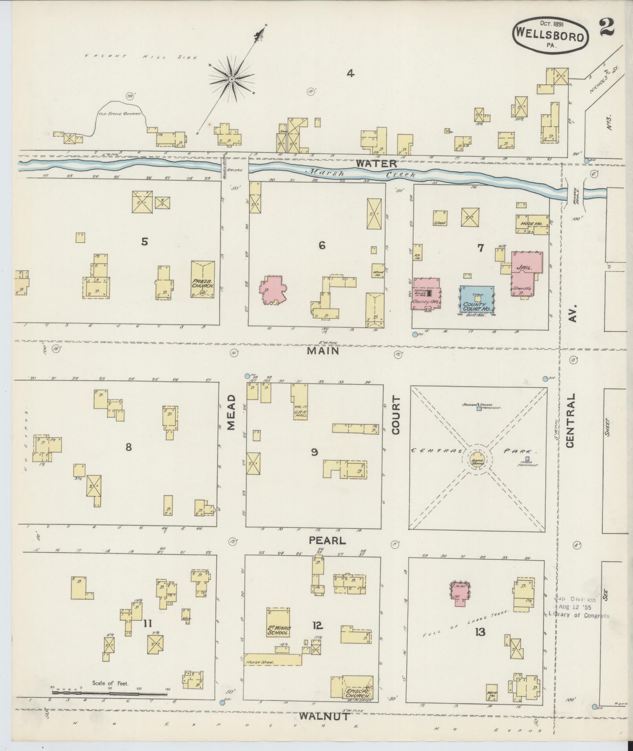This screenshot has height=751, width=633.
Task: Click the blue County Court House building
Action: [x=477, y=299]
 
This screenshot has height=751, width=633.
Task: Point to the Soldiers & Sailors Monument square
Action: [x=479, y=409]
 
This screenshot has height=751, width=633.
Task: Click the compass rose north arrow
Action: [x=232, y=79]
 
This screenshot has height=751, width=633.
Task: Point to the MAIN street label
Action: [x=323, y=351]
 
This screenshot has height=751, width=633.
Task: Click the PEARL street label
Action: [x=327, y=541]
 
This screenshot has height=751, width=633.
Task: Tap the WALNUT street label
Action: [x=324, y=716]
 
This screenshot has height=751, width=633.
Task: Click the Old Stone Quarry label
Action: [x=120, y=115]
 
